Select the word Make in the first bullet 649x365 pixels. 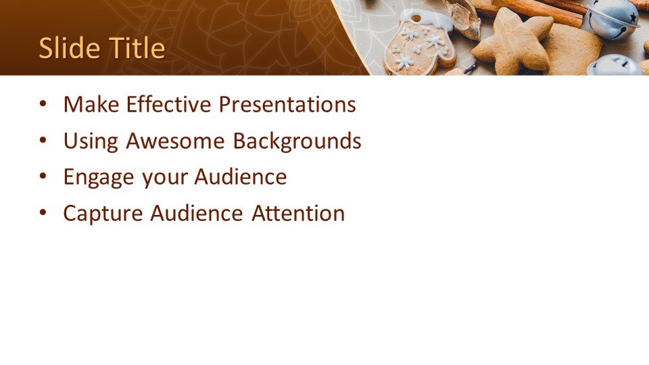tap(91, 104)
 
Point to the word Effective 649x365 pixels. tap(169, 104)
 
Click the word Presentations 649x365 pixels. tap(287, 104)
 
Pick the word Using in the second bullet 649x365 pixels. tap(91, 141)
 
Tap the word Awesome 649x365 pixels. tap(176, 141)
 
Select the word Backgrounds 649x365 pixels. tap(297, 141)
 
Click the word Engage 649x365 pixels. tap(99, 178)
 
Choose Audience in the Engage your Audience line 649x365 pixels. tap(241, 176)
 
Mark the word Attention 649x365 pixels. tap(298, 213)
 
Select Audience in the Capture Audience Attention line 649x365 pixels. tap(197, 213)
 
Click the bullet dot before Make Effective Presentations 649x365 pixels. tap(43, 104)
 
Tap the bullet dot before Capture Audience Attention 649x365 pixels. tap(43, 214)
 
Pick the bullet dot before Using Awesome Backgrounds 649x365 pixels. tap(43, 141)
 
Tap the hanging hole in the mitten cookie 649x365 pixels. tap(415, 18)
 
